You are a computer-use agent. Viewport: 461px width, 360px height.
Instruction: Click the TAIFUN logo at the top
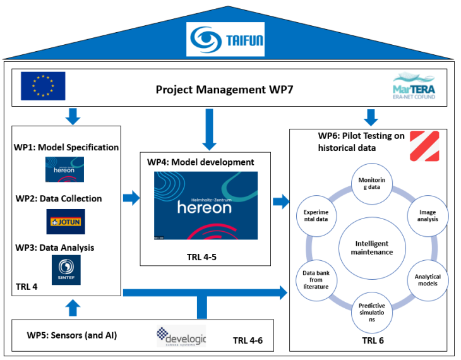point(225,39)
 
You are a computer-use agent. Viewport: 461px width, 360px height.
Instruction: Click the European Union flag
point(42,86)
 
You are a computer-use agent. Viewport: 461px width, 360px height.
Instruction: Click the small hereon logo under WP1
point(64,169)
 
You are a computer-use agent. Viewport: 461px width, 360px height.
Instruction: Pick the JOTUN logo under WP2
point(66,222)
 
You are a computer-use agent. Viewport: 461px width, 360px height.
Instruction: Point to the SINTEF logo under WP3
point(66,268)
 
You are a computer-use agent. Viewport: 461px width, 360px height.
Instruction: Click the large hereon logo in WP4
point(206,205)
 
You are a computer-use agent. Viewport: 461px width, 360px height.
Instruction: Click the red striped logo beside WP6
point(424,146)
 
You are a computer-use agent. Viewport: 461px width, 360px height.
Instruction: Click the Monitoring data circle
point(371,184)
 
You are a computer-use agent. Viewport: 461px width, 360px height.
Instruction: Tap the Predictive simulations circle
point(371,311)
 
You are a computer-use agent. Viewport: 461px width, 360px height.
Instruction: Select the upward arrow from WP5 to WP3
point(73,308)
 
